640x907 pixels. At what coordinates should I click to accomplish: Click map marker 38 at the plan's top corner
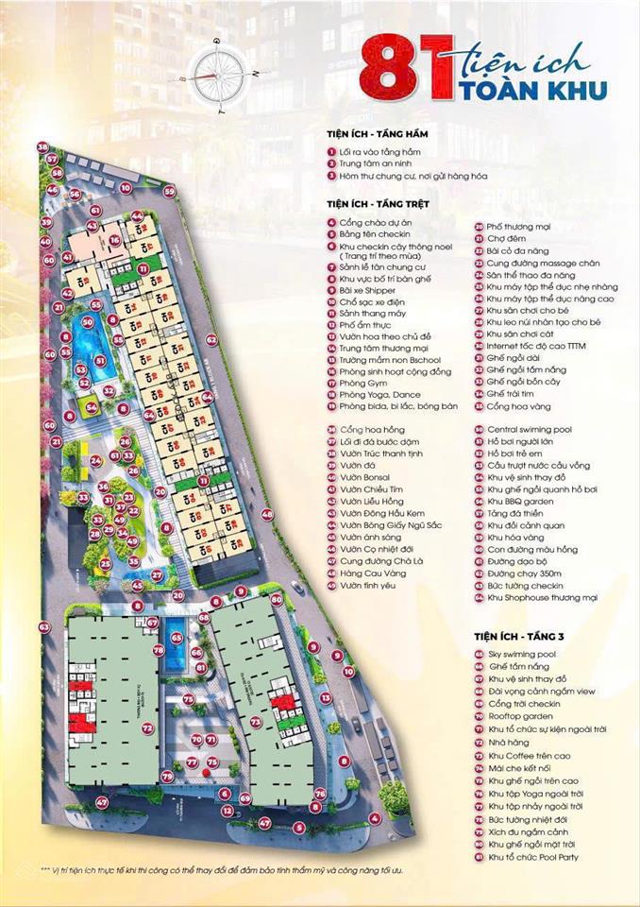(x=42, y=146)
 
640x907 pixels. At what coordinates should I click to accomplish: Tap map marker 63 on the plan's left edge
(x=43, y=626)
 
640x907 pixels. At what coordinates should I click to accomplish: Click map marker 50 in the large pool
(x=88, y=322)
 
